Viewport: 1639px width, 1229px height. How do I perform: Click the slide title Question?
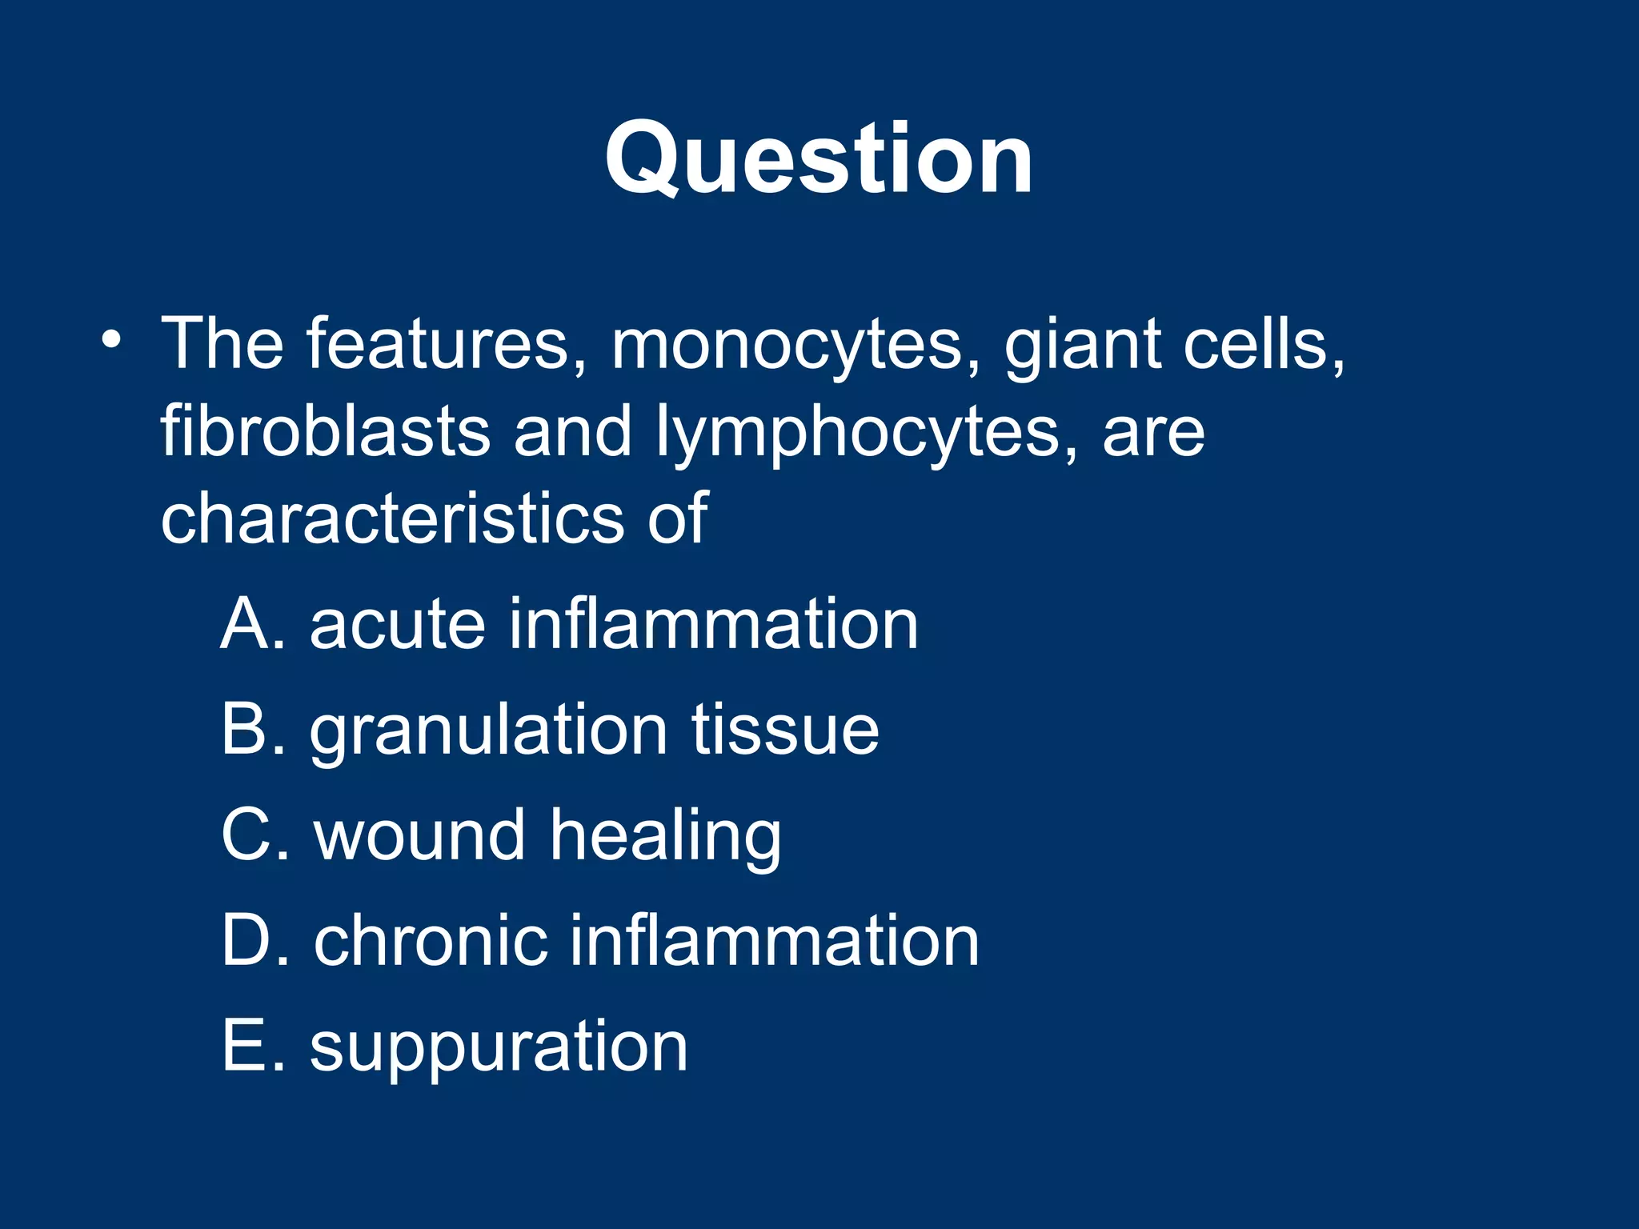tap(818, 158)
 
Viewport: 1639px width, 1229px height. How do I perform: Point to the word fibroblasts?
tap(325, 432)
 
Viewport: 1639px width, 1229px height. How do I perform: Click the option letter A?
tap(246, 624)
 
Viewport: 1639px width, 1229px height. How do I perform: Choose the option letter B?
tap(245, 729)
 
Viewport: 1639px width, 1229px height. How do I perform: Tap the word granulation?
tap(488, 732)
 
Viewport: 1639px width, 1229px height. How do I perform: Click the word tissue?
tap(785, 729)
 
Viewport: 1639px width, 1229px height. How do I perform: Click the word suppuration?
tap(499, 1049)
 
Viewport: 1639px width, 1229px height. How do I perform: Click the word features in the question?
tap(438, 344)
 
